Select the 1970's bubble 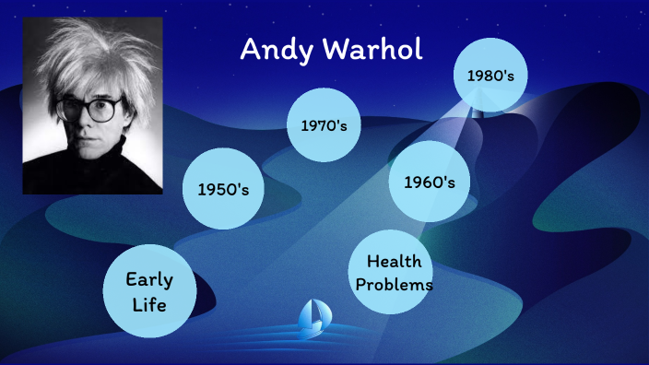point(324,124)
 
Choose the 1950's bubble point(224,190)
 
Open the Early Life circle point(149,290)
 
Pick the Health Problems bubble point(393,273)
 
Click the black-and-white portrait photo point(92,105)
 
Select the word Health point(394,262)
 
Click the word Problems point(393,285)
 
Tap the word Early point(149,278)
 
